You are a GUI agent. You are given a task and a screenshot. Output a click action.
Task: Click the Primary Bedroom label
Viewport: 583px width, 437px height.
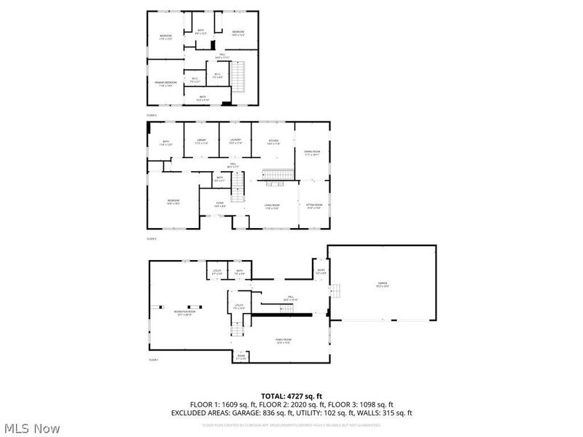point(165,83)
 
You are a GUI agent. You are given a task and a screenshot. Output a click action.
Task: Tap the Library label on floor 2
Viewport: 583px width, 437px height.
point(200,141)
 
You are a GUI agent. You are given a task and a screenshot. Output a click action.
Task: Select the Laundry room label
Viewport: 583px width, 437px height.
point(235,141)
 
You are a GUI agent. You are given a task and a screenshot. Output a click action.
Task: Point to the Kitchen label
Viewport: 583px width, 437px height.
point(274,141)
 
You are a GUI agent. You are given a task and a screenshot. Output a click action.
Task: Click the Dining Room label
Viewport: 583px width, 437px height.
point(312,152)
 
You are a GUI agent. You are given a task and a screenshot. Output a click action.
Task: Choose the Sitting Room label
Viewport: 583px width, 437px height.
point(313,206)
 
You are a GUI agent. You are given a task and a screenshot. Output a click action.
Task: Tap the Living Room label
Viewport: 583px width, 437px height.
point(272,206)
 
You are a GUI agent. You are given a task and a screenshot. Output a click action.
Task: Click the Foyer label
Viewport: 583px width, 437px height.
point(219,205)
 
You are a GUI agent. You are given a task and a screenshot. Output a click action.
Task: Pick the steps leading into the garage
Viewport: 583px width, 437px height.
point(335,291)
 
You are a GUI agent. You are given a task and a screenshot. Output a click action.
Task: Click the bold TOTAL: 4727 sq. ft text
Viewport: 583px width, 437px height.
point(291,395)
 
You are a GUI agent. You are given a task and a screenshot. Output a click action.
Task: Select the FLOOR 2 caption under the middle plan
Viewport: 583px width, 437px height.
point(152,238)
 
